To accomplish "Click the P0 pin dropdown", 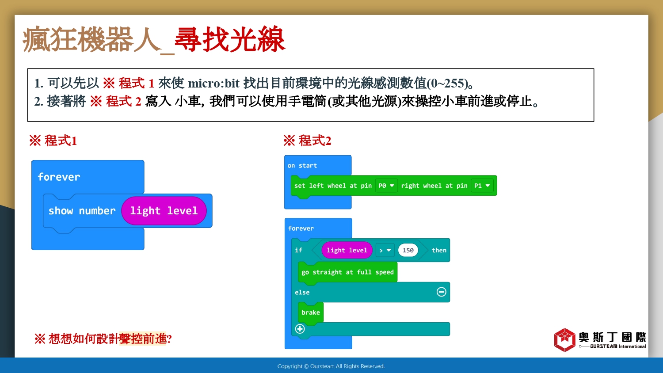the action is pyautogui.click(x=386, y=186).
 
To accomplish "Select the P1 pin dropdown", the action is pyautogui.click(x=482, y=186).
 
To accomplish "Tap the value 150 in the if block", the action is pyautogui.click(x=408, y=250).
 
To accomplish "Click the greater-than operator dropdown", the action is pyautogui.click(x=385, y=250).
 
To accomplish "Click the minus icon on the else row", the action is pyautogui.click(x=441, y=292).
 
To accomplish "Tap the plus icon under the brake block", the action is pyautogui.click(x=300, y=329).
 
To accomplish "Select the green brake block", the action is pyautogui.click(x=310, y=312).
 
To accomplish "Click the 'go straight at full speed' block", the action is pyautogui.click(x=347, y=272).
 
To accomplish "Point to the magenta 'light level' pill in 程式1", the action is pyautogui.click(x=164, y=211).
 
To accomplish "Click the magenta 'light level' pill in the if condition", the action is pyautogui.click(x=347, y=250).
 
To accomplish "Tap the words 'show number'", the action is pyautogui.click(x=82, y=211).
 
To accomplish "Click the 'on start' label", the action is pyautogui.click(x=302, y=165).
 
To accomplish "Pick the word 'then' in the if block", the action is pyautogui.click(x=439, y=250).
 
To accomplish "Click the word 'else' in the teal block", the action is pyautogui.click(x=302, y=292).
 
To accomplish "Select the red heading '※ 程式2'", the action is pyautogui.click(x=307, y=141).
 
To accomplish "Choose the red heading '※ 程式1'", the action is pyautogui.click(x=53, y=141).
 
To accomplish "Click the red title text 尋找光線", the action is pyautogui.click(x=230, y=39).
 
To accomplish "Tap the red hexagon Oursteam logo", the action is pyautogui.click(x=565, y=340).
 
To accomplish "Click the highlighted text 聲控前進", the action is pyautogui.click(x=143, y=339).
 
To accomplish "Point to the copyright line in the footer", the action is pyautogui.click(x=331, y=366).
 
